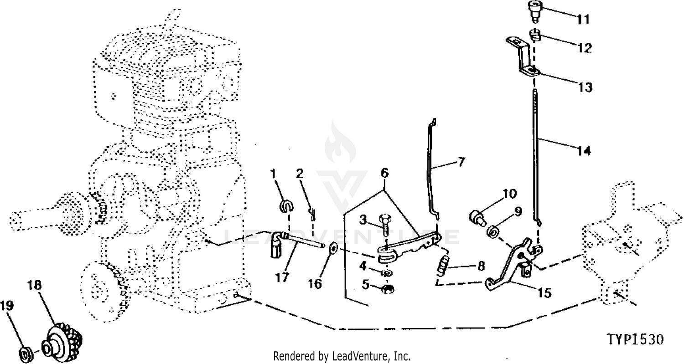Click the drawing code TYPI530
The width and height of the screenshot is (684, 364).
pos(635,340)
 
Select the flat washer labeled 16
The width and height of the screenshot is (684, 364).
pos(333,248)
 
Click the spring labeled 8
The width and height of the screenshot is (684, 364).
pos(442,265)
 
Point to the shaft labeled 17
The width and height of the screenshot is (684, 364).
pos(303,240)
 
